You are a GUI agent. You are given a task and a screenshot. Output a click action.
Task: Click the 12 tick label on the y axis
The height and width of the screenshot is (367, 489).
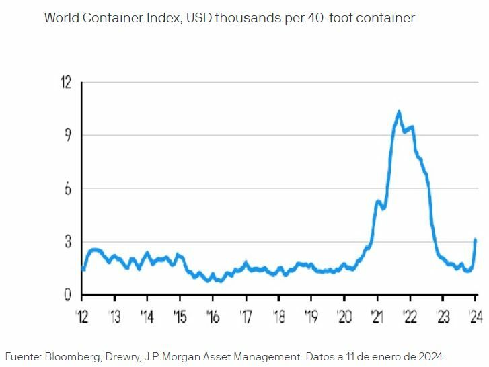pyautogui.click(x=65, y=82)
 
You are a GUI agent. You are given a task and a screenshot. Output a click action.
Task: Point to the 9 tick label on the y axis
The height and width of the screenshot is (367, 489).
pyautogui.click(x=67, y=135)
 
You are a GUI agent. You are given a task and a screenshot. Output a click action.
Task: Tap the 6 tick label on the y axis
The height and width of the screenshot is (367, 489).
pyautogui.click(x=67, y=188)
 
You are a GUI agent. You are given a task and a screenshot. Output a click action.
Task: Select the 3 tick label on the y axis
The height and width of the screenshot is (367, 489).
pyautogui.click(x=67, y=241)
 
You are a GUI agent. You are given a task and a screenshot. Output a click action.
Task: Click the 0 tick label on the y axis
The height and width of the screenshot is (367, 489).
pyautogui.click(x=67, y=294)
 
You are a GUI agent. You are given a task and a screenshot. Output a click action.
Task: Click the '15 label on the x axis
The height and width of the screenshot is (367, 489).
pyautogui.click(x=180, y=317)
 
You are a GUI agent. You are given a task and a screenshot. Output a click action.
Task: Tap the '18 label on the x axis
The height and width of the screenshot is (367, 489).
pyautogui.click(x=278, y=317)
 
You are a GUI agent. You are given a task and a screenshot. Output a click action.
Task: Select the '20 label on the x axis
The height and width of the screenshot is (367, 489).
pyautogui.click(x=344, y=317)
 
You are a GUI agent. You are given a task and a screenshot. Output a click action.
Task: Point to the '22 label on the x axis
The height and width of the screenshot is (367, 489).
pyautogui.click(x=410, y=317)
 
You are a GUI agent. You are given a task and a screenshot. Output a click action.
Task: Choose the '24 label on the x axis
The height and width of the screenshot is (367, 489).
pyautogui.click(x=475, y=317)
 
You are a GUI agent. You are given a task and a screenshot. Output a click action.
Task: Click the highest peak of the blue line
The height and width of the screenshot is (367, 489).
pyautogui.click(x=399, y=111)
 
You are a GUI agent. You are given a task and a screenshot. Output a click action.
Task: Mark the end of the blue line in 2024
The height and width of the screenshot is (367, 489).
pyautogui.click(x=476, y=240)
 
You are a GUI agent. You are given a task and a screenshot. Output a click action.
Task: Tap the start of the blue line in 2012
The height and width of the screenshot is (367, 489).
pyautogui.click(x=83, y=269)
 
